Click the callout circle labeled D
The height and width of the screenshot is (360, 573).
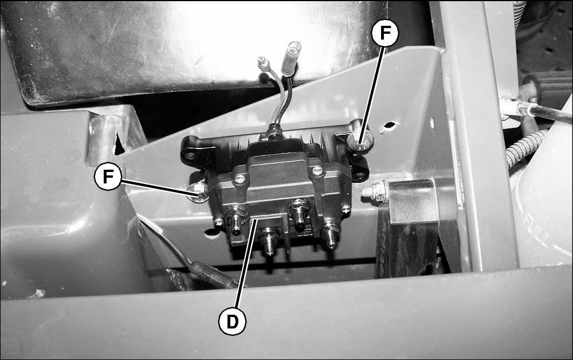tap(233, 322)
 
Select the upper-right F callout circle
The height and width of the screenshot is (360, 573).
tap(385, 33)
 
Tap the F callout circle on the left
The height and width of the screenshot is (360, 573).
tap(108, 177)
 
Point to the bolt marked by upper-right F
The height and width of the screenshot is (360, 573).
tap(360, 140)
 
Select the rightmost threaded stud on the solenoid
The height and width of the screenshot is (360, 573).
tap(331, 233)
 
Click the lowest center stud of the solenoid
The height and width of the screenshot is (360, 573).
tap(269, 241)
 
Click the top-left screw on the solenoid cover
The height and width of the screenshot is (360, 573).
tap(240, 179)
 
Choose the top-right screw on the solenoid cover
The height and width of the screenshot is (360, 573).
tap(317, 170)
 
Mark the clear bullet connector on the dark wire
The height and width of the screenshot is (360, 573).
tap(291, 57)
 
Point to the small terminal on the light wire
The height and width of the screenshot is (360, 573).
tap(264, 64)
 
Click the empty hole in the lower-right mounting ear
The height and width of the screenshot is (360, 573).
tap(360, 175)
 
